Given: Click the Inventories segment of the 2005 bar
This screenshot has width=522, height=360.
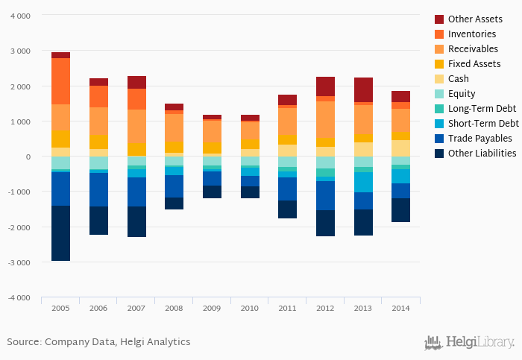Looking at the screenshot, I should click(x=60, y=81).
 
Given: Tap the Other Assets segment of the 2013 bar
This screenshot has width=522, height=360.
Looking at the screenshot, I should click(x=364, y=89).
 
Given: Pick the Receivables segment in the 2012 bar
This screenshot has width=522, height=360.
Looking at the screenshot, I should click(x=325, y=119).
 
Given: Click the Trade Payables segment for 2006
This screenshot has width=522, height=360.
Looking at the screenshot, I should click(x=98, y=189).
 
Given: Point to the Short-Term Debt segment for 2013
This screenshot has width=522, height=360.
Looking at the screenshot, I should click(x=364, y=182).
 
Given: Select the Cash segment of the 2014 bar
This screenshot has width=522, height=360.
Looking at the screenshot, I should click(x=401, y=148).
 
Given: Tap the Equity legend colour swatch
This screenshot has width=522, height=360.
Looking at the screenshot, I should click(x=439, y=93).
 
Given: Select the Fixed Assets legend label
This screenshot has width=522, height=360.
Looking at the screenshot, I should click(x=474, y=63).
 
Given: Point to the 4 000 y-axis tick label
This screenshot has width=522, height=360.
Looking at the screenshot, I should click(x=20, y=16).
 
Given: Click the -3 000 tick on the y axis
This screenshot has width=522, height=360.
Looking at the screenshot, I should click(x=19, y=262).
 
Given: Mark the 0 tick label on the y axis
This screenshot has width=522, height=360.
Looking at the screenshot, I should click(x=28, y=157).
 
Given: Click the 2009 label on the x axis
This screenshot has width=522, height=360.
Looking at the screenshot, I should click(x=212, y=308).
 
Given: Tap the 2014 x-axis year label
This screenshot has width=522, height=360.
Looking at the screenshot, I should click(x=401, y=308).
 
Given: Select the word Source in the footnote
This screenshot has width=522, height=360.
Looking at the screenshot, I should click(x=23, y=341).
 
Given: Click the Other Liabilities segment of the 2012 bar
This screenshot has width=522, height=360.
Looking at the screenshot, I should click(x=325, y=223).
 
